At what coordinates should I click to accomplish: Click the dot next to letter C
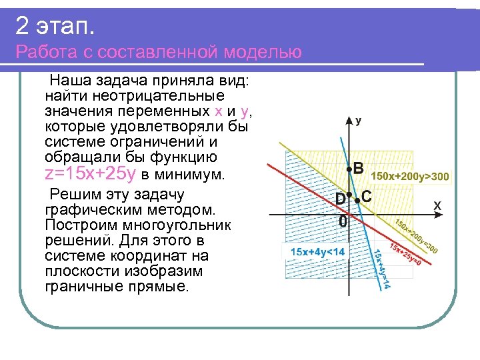(x=357, y=200)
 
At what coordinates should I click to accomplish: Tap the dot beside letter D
(x=349, y=193)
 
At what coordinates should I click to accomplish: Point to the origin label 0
(x=343, y=221)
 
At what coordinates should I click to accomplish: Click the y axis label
(x=359, y=121)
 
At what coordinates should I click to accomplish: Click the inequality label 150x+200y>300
(x=410, y=177)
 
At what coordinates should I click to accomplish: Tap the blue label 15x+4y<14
(x=318, y=251)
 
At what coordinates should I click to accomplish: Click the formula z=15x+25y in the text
(x=90, y=175)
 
